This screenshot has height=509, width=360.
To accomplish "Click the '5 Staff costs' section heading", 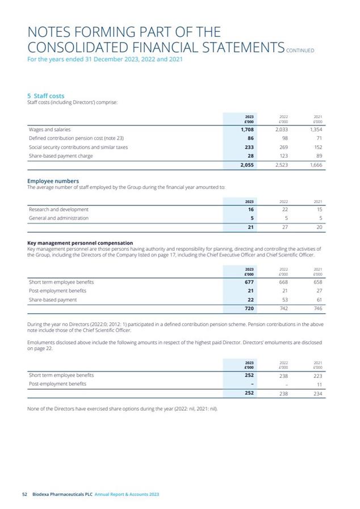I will (46, 96).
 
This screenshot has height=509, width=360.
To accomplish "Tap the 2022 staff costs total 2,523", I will (281, 165).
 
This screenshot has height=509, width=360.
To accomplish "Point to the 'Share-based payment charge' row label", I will (61, 156).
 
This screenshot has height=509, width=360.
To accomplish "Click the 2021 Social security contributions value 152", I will (317, 147).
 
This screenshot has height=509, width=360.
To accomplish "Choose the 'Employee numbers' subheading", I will (54, 181).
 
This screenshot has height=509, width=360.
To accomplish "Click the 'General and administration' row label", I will (58, 218).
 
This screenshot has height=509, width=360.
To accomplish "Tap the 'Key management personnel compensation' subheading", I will (80, 243).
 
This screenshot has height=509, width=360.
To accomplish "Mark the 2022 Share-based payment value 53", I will (284, 300).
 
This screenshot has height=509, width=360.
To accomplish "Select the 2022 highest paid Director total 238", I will (283, 393).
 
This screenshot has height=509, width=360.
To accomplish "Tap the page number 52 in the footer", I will (24, 494).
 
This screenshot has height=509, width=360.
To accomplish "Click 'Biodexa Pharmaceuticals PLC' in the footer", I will (62, 494).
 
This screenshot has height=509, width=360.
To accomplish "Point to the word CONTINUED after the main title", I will (300, 50).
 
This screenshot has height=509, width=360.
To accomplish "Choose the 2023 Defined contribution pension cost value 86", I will (249, 138).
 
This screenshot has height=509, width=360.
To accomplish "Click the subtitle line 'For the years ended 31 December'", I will (105, 59).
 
